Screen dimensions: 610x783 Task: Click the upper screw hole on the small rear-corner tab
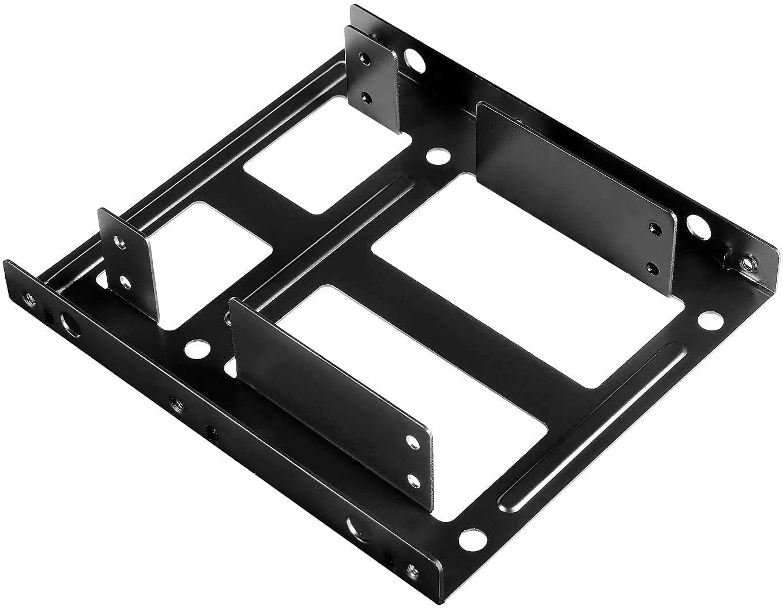click(363, 58)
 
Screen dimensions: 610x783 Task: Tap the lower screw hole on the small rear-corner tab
click(365, 96)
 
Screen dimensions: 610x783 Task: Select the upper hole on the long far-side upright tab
click(653, 229)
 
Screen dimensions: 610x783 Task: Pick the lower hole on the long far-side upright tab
click(652, 266)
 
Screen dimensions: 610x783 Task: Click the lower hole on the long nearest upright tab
click(413, 480)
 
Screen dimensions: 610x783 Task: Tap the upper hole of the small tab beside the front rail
click(120, 242)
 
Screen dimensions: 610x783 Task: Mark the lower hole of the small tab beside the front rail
click(123, 281)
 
